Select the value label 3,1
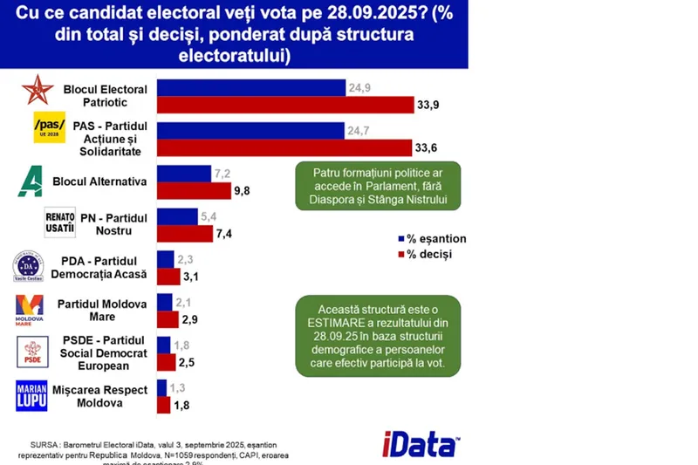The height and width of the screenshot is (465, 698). tap(192, 277)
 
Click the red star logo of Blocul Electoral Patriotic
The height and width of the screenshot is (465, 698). tap(37, 91)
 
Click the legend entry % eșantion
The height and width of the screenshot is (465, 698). tap(432, 239)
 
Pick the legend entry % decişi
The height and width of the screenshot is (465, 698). tap(427, 255)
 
